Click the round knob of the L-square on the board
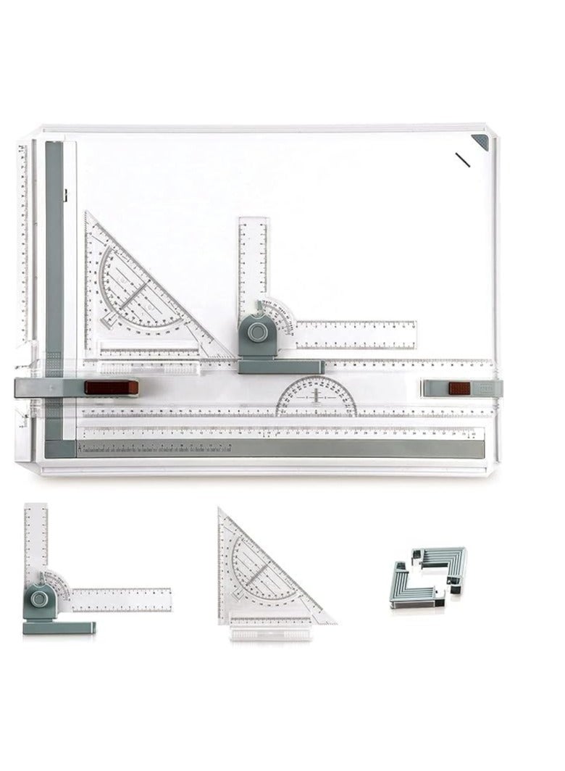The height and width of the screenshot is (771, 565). coord(257,333)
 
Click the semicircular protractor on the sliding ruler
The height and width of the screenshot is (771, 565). coord(317,398)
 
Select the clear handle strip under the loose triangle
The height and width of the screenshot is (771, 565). coord(271,633)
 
